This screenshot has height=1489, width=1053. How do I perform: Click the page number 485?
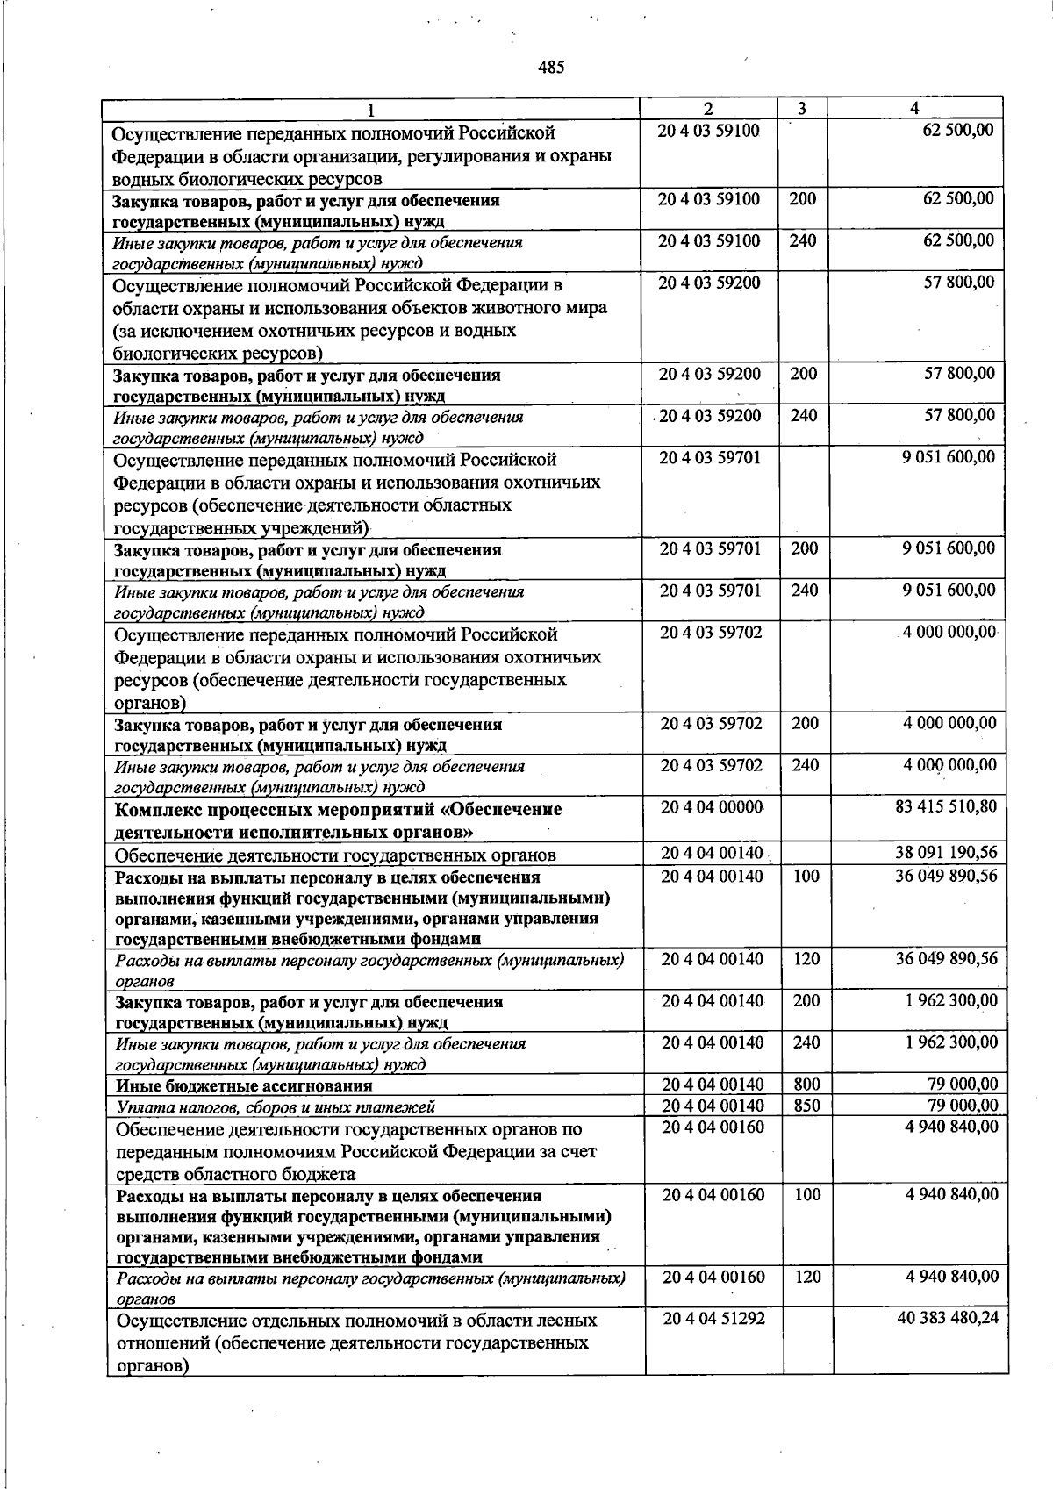(551, 67)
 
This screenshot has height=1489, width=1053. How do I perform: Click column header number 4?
(914, 108)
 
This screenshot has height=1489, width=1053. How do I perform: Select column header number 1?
(371, 110)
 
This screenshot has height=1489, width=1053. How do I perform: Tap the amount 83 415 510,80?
(945, 805)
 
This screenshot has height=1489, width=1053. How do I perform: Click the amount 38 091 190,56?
(946, 852)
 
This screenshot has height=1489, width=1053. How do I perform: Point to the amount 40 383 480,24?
(948, 1317)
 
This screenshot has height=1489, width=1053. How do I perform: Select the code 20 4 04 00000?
(712, 806)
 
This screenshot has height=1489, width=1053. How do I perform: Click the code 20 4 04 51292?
(713, 1318)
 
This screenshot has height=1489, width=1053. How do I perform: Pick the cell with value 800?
(806, 1085)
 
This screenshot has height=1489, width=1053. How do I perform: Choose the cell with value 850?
(806, 1106)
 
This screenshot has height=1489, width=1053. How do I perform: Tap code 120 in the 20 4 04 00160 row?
(807, 1277)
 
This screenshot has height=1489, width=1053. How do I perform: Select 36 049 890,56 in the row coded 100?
(946, 876)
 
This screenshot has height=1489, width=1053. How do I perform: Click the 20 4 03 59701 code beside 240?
(710, 591)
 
